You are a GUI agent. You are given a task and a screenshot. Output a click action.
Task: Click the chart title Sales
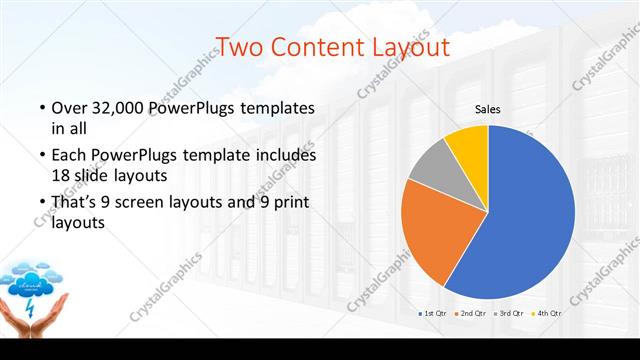tap(487, 109)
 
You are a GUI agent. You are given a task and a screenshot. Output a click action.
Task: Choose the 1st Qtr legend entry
tap(433, 314)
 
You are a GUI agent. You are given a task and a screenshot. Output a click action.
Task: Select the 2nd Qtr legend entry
tap(473, 314)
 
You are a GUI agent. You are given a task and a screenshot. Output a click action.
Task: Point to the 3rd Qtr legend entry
tap(512, 314)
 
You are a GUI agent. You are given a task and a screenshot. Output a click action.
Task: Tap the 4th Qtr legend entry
tap(550, 314)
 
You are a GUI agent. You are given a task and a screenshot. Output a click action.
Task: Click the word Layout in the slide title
tap(410, 46)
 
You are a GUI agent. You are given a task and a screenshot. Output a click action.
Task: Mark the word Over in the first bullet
tap(67, 108)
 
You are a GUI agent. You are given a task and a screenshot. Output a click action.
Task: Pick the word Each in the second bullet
tap(68, 156)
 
